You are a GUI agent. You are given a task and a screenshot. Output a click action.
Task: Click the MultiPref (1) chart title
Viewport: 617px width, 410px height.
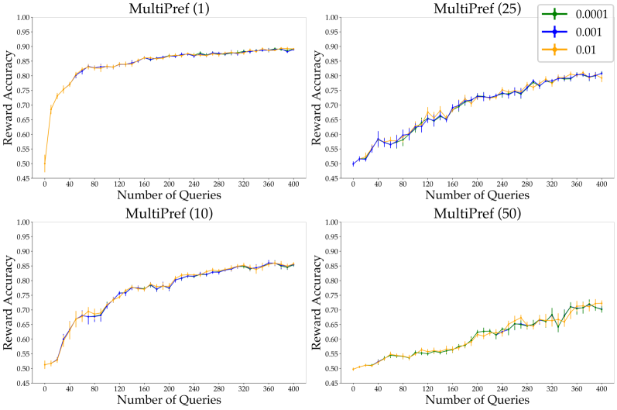point(174,9)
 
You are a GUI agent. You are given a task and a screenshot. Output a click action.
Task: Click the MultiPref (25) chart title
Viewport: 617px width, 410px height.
point(482,9)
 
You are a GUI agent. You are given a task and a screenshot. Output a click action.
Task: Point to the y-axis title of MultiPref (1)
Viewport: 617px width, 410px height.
point(9,98)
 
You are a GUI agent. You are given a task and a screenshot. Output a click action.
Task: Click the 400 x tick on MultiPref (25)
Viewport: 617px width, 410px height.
point(601,186)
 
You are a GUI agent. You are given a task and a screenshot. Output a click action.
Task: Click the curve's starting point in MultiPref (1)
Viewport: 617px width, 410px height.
point(45,164)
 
